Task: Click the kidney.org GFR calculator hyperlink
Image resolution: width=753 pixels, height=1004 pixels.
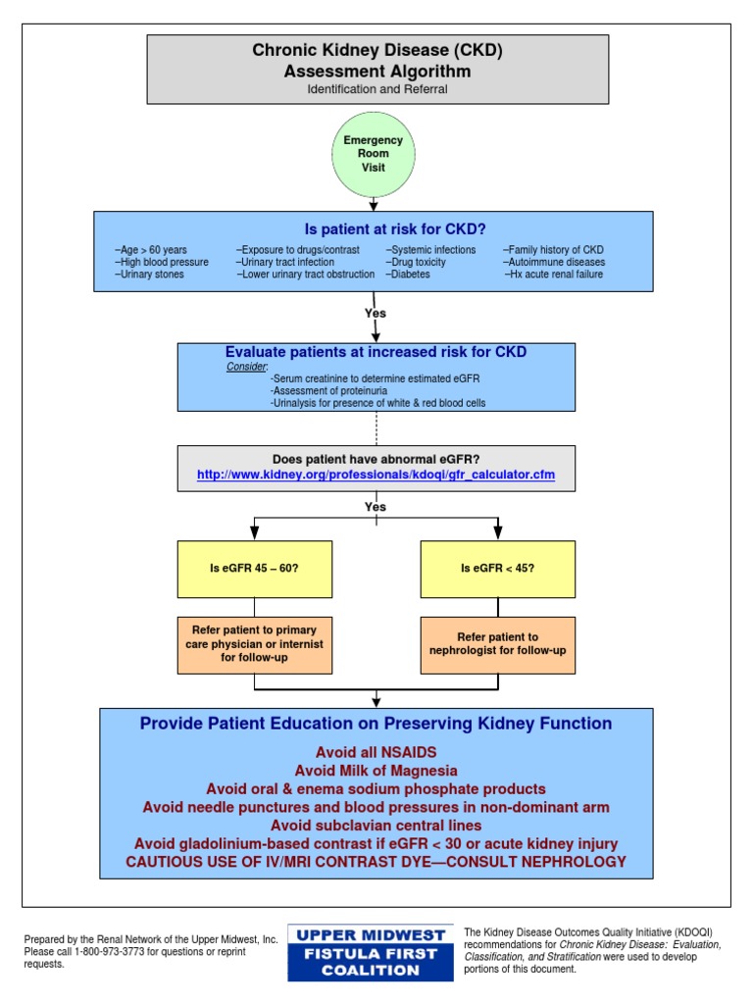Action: point(377,475)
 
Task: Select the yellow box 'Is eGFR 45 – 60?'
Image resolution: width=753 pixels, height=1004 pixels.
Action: point(254,569)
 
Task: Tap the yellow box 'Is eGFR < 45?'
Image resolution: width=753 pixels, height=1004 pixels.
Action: point(497,569)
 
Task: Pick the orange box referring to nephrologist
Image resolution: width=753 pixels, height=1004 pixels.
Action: point(497,644)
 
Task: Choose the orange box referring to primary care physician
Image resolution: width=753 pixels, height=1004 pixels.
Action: point(254,644)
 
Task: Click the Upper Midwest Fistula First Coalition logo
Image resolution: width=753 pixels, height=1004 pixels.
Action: point(371,952)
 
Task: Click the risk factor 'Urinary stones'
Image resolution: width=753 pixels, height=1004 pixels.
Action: point(149,275)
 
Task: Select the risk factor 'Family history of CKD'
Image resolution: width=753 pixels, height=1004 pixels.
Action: point(554,250)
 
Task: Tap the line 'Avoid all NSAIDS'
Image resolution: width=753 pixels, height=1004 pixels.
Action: point(376,752)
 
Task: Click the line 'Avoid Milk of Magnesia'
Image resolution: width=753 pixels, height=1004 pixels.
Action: point(376,771)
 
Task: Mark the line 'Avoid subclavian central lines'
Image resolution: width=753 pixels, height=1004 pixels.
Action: point(376,826)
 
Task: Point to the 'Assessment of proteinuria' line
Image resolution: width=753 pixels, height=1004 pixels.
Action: point(327,390)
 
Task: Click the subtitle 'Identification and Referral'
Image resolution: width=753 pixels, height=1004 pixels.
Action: point(377,89)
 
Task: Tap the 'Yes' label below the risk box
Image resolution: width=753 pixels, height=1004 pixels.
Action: point(376,314)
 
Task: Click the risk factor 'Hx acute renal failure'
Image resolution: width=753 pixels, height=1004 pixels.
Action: point(554,275)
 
